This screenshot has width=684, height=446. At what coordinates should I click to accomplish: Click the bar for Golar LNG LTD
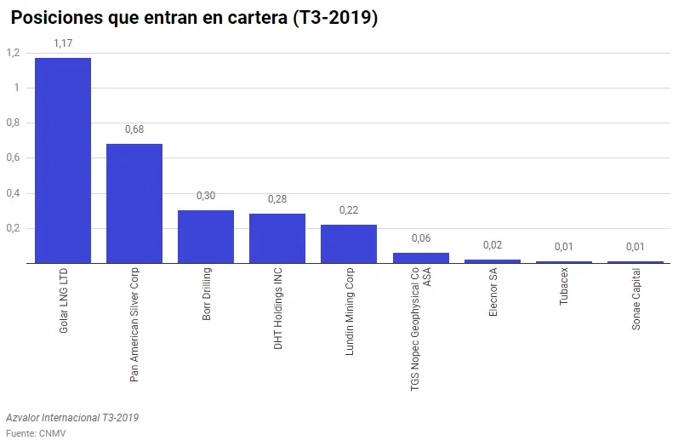[63, 161]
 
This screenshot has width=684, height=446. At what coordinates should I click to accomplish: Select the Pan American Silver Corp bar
[134, 203]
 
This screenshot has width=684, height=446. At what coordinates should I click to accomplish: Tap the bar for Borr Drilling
[206, 237]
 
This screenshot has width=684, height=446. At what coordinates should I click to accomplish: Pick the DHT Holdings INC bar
[277, 238]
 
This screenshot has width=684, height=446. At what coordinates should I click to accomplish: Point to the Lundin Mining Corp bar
[349, 243]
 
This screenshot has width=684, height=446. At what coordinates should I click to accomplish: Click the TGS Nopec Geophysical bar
[420, 258]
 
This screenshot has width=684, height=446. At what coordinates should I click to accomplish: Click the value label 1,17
[63, 43]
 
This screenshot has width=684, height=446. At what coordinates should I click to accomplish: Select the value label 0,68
[134, 129]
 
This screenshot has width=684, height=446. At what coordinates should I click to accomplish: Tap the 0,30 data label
[206, 196]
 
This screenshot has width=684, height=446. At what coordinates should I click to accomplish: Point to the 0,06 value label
[420, 238]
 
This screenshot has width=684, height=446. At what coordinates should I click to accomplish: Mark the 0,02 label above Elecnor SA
[492, 245]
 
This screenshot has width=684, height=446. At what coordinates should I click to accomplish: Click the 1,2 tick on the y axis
[13, 53]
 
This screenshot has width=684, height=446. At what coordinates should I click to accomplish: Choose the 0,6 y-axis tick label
[13, 157]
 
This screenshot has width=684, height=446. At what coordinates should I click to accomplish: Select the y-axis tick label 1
[16, 88]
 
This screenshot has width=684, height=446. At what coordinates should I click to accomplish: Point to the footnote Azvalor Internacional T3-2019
[72, 418]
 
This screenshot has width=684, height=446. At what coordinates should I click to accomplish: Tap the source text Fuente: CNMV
[36, 433]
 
